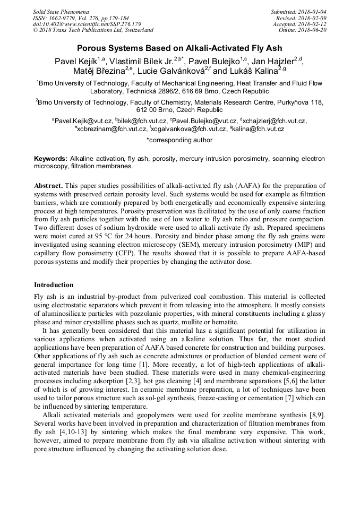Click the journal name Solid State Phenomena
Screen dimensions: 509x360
click(61, 12)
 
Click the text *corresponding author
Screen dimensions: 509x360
click(179, 140)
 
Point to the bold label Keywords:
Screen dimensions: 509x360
click(51, 159)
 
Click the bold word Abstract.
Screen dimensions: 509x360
click(49, 186)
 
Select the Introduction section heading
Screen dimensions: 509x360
click(54, 285)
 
